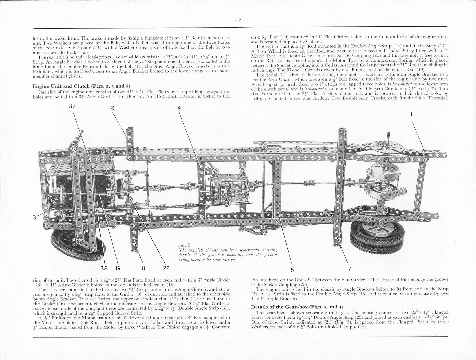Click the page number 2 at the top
pyautogui.click(x=240, y=20)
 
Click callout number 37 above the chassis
pyautogui.click(x=73, y=106)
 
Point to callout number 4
pyautogui.click(x=179, y=108)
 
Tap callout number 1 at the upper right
pyautogui.click(x=411, y=115)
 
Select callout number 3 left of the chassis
pyautogui.click(x=34, y=217)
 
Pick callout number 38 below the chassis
pyautogui.click(x=104, y=268)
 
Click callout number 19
pyautogui.click(x=118, y=268)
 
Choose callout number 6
pyautogui.click(x=292, y=270)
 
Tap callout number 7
pyautogui.click(x=350, y=269)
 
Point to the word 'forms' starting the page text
pyautogui.click(x=38, y=38)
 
